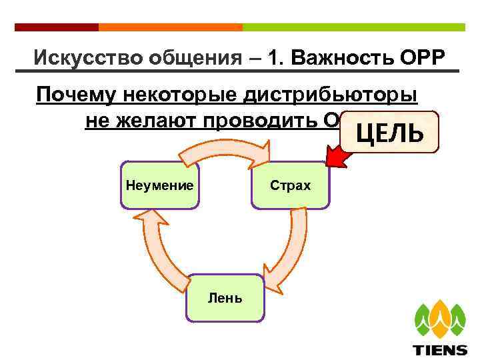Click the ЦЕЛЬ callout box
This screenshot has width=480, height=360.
pyautogui.click(x=389, y=132)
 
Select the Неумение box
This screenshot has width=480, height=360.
pyautogui.click(x=160, y=185)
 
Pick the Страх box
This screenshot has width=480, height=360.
pyautogui.click(x=291, y=185)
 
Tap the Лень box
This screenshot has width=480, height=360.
pyautogui.click(x=225, y=298)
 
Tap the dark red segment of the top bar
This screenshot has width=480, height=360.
pyautogui.click(x=56, y=27)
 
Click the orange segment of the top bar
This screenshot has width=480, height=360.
pyautogui.click(x=170, y=27)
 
